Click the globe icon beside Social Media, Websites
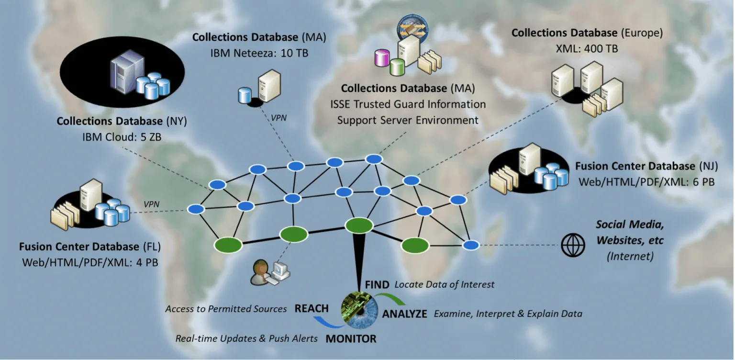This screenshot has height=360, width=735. point(573,245)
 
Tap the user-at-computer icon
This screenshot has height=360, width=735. point(270,272)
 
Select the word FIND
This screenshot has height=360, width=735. point(377,284)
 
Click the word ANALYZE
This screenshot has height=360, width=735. point(404,314)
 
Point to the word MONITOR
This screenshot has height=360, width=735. point(351,338)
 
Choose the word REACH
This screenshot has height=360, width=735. point(312,308)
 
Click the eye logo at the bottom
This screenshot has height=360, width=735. point(359,310)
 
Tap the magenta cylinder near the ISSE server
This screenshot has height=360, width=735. point(382,58)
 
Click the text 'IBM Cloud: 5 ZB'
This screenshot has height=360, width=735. point(122,137)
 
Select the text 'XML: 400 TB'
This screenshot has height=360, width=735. point(587,48)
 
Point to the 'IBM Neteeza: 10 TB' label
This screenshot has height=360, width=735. point(259,53)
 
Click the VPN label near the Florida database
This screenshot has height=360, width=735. point(152,204)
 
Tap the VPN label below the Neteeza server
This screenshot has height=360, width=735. point(278,118)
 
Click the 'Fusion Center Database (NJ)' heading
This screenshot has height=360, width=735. point(646,166)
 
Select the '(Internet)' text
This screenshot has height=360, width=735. point(630,256)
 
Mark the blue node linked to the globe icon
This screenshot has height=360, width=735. point(471,245)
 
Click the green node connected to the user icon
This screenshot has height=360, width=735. point(294,234)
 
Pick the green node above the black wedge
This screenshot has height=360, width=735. point(359,225)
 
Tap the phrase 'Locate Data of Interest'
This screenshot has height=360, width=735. point(444,284)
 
